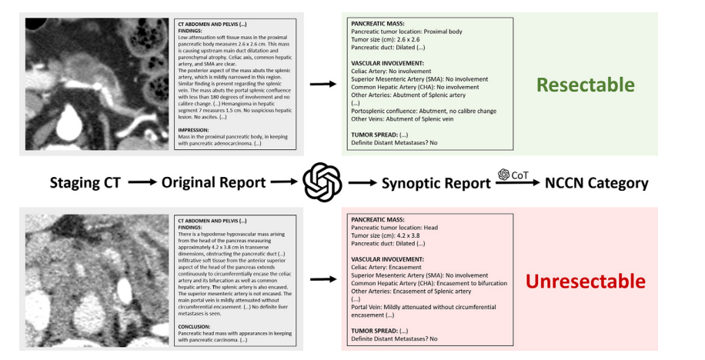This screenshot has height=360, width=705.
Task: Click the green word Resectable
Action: tap(586, 85)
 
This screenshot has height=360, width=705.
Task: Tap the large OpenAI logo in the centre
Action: tap(322, 183)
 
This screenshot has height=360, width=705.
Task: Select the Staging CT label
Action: tap(84, 183)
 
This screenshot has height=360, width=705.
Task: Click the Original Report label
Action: tap(212, 183)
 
